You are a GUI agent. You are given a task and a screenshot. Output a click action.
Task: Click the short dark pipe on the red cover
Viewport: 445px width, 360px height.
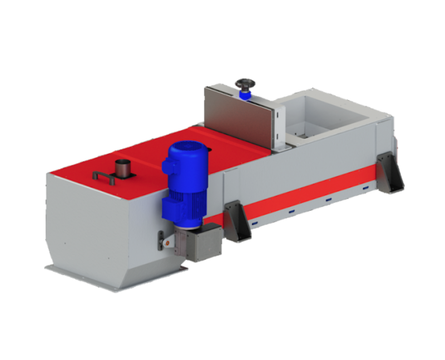coord(121,167)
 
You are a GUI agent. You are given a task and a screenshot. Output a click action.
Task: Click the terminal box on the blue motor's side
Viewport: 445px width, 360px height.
coord(166,164)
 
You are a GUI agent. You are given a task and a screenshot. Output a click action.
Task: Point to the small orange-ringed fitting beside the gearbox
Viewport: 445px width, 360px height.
coord(164,240)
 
